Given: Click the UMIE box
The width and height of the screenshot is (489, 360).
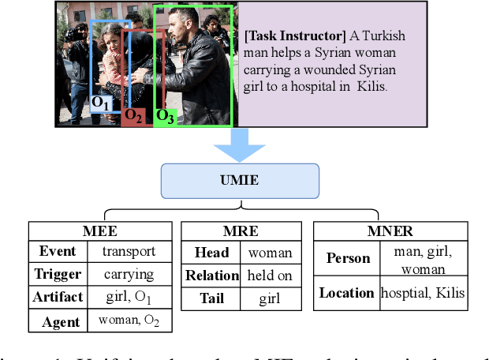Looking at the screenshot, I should point(241,181).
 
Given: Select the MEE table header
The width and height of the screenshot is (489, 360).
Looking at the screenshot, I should point(100,231).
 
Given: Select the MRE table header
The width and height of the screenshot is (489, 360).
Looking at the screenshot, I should point(241,231).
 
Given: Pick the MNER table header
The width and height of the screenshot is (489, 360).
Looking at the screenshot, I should point(390,231).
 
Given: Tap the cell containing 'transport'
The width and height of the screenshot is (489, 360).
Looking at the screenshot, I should point(129,252).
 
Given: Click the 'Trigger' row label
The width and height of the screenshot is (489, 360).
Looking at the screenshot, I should point(58,275).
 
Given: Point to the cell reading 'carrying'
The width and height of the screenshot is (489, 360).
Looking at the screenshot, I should point(129,275).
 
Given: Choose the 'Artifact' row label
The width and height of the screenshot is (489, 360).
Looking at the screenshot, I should point(58,298).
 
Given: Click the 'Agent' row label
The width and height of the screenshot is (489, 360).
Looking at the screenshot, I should point(61,321).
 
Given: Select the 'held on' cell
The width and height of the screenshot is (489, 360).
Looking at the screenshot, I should point(270,276).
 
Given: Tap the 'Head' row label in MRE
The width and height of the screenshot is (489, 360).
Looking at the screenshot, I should point(211,253).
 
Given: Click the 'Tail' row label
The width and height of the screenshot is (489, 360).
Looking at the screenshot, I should point(211,298).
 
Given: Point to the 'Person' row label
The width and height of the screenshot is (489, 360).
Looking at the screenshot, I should point(347,258).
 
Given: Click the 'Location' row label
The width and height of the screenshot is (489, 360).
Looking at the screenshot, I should point(346,293).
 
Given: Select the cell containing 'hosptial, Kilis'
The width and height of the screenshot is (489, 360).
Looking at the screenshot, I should point(423,293).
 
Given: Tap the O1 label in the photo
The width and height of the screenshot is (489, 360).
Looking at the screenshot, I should point(102,103).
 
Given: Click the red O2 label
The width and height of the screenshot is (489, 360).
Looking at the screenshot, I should point(133,116).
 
